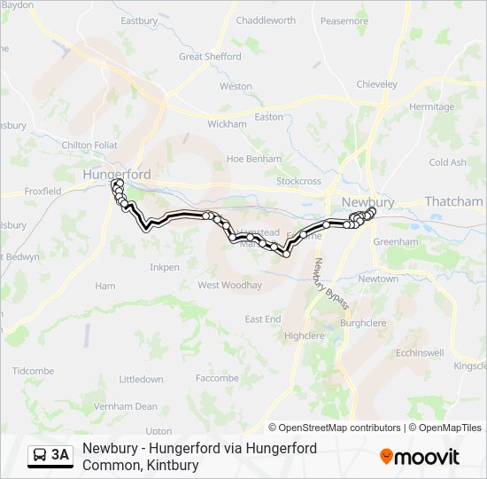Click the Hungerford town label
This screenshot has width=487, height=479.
(116, 175)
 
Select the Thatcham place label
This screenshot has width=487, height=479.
(453, 202)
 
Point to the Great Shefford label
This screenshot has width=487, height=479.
(210, 56)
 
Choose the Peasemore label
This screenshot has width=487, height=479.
(344, 20)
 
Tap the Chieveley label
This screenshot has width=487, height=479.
(376, 84)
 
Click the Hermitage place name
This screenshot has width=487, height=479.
(432, 106)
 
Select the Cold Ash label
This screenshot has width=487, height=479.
(447, 162)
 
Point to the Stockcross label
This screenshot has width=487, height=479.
(298, 181)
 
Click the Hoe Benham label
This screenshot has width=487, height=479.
(253, 159)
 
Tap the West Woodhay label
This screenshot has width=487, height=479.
(229, 286)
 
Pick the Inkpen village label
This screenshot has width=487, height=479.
(164, 267)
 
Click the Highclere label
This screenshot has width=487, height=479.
(304, 336)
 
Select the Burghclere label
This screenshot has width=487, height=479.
(364, 324)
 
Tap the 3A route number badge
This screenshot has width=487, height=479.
(50, 456)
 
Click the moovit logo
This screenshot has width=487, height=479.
(420, 457)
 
